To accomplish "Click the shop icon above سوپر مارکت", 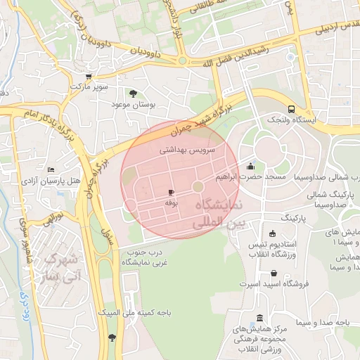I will [x=88, y=77].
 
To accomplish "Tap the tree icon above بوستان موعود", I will [x=134, y=93].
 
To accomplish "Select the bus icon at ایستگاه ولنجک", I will [x=290, y=109].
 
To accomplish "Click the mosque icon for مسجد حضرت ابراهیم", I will [x=251, y=167].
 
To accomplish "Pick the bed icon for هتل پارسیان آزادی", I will [x=50, y=171].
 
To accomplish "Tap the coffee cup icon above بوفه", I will [x=171, y=192].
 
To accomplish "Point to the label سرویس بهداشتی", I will [x=188, y=150].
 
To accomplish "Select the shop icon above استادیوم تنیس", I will [x=273, y=234].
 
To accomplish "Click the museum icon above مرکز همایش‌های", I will [x=261, y=317].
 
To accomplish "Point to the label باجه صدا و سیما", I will [x=322, y=322].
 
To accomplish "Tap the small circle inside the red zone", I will [x=198, y=186].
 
